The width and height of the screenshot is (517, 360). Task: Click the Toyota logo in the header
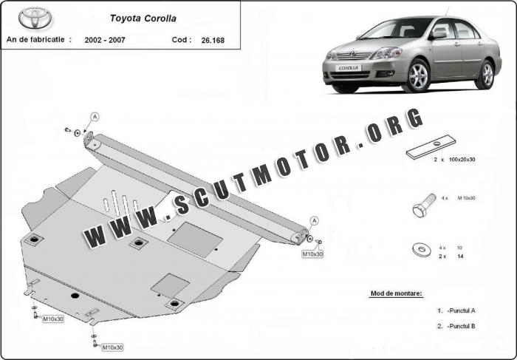point(35,18)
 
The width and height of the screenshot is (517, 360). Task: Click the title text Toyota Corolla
point(143,18)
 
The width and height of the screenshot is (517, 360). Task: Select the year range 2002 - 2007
point(105,40)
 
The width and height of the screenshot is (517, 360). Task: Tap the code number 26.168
point(213,40)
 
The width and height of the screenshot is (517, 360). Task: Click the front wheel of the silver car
point(419,75)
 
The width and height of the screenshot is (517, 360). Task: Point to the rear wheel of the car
point(487,75)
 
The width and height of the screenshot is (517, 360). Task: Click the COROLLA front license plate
point(349,68)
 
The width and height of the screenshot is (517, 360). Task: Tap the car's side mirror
point(439,33)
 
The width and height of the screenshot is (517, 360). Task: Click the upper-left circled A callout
point(95,117)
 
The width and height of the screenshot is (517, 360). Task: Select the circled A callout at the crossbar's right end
point(315,221)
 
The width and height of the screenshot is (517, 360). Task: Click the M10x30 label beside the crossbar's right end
point(312,254)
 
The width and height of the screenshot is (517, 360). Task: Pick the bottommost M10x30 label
point(112,347)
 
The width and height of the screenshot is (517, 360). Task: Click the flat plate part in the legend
point(431,147)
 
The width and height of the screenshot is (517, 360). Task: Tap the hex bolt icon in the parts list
point(424,206)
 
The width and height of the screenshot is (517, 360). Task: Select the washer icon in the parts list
point(422,249)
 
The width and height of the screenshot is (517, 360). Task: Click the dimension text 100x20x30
point(462,160)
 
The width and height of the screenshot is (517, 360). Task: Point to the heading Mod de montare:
point(397,293)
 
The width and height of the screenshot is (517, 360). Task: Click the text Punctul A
point(462,310)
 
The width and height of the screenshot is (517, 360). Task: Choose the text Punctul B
point(462,326)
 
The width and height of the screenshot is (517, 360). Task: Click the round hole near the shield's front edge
point(75,296)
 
